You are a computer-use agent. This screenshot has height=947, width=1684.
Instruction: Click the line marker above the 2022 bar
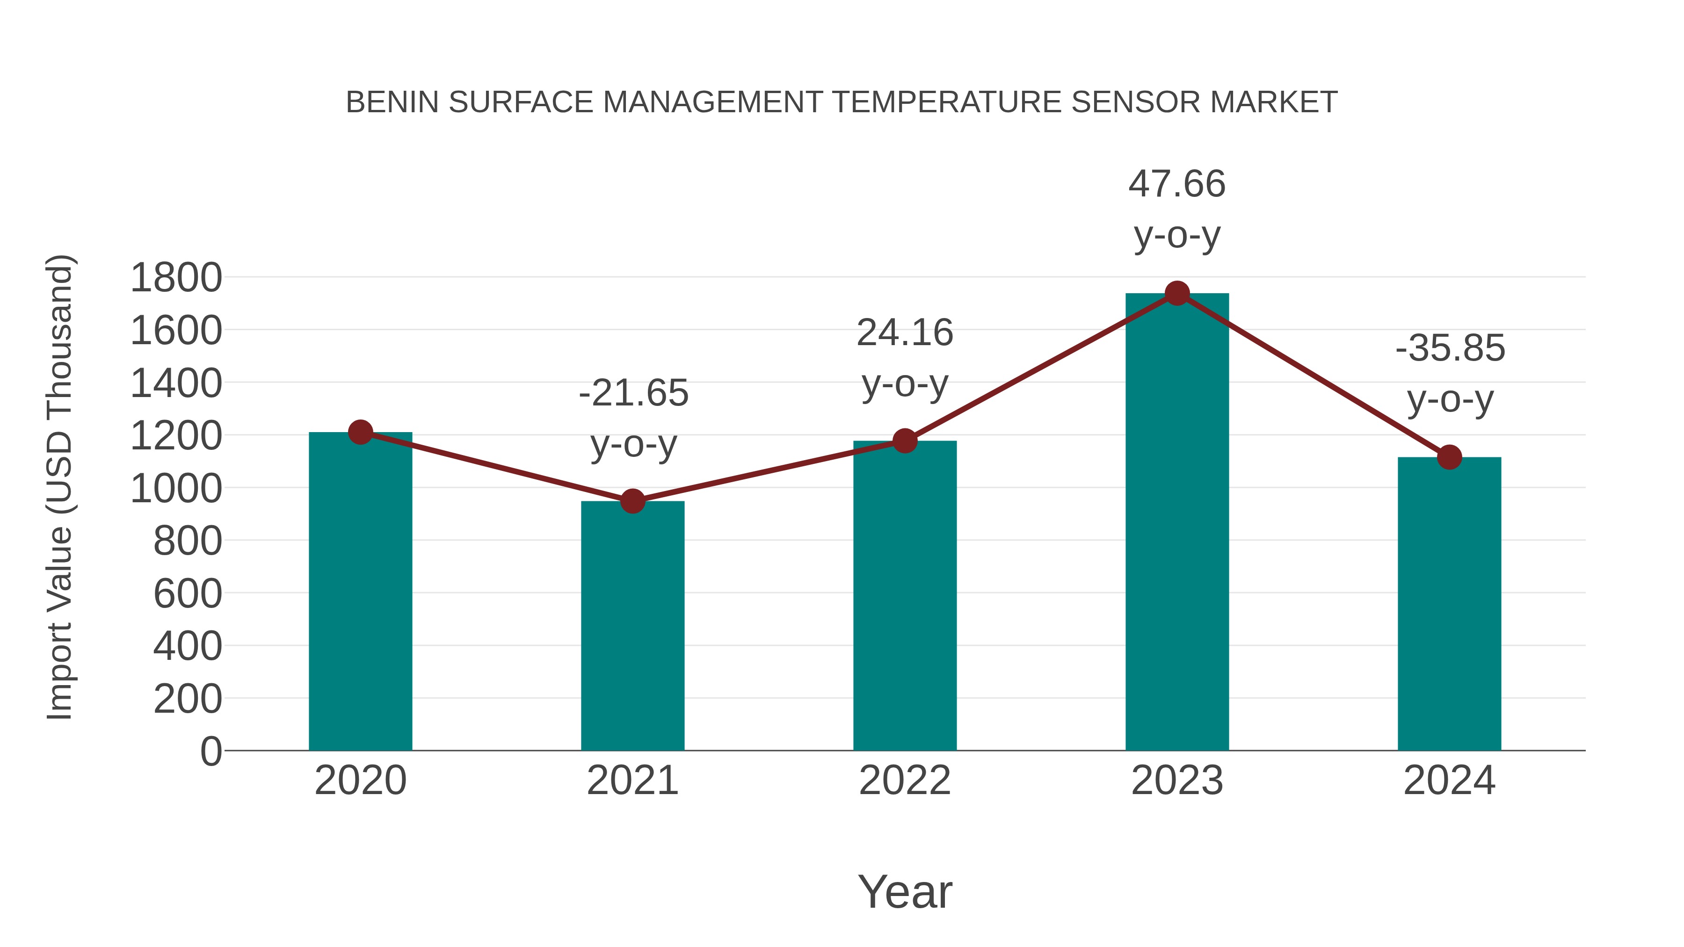click(x=905, y=441)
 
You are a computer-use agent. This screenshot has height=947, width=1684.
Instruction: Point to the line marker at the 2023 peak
click(x=1177, y=293)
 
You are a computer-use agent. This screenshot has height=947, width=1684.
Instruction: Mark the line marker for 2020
click(x=360, y=432)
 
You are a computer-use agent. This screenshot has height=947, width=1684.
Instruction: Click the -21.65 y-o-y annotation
click(x=633, y=418)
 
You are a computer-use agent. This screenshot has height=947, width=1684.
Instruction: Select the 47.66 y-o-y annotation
click(x=1177, y=209)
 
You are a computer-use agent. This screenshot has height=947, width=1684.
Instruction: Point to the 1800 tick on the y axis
click(x=176, y=277)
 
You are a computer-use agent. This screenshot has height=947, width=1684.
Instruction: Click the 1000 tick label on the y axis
click(x=176, y=488)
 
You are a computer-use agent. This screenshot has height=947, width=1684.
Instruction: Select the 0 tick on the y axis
click(x=210, y=751)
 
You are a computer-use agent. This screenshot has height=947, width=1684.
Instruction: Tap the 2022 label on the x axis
click(x=905, y=781)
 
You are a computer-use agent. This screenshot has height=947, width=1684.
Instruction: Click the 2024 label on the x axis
click(x=1449, y=781)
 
